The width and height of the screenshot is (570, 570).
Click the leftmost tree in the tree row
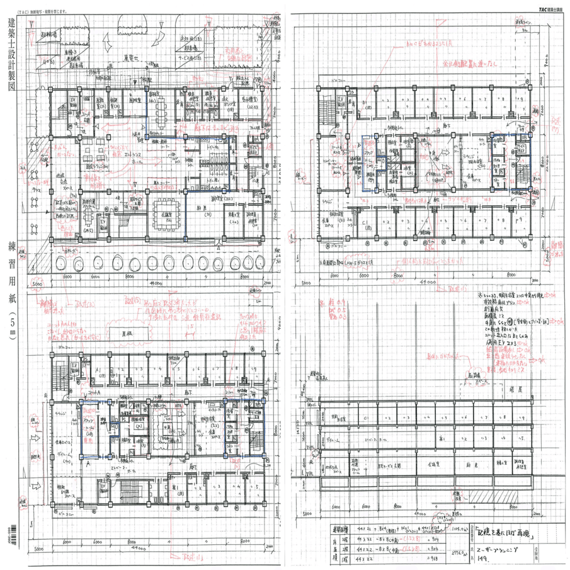(x=62, y=263)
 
